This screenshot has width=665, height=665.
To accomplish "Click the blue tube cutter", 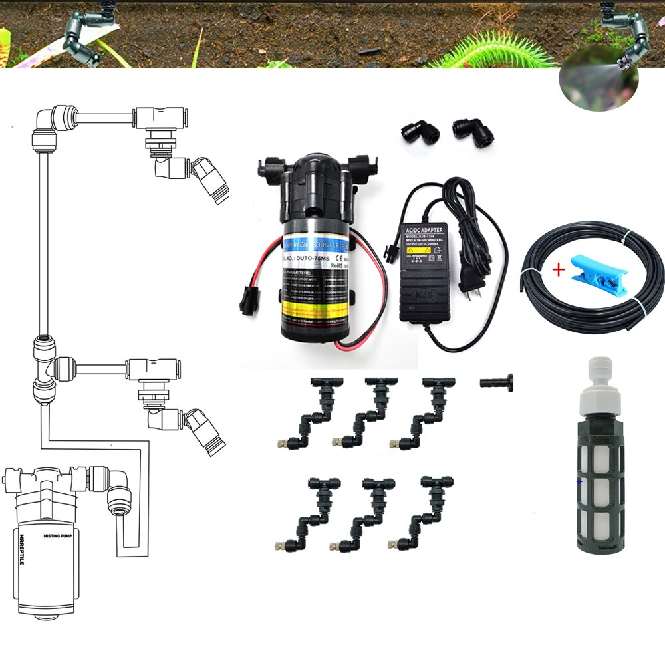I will click(x=588, y=272).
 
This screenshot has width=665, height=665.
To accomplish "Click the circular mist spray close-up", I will click(x=598, y=83).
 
